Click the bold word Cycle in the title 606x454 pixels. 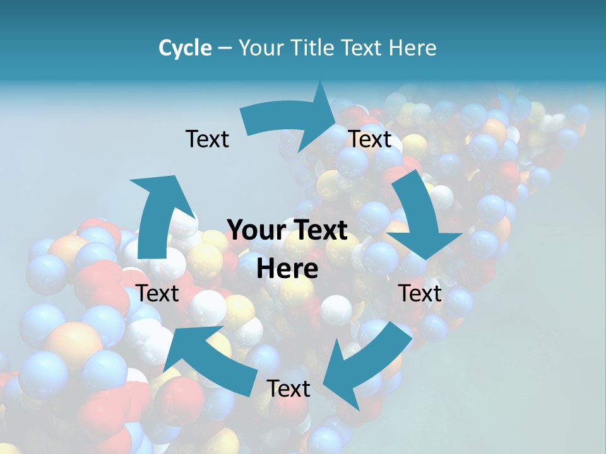185,48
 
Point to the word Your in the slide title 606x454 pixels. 261,48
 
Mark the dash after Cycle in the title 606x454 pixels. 225,48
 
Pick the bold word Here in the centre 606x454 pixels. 287,269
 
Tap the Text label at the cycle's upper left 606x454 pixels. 207,139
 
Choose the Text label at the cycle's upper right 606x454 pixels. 370,139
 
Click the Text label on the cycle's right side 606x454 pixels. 420,293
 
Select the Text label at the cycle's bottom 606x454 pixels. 288,388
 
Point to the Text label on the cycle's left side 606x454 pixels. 157,293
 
